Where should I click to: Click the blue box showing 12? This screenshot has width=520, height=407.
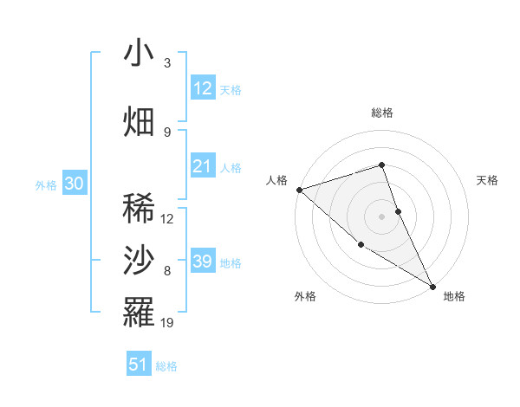pos(203,87)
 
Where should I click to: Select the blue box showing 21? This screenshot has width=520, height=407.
pos(203,166)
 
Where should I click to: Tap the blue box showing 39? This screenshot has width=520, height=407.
pos(203,262)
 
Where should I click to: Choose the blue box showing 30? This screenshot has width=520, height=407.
pos(74,184)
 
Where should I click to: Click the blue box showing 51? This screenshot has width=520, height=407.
pos(139,365)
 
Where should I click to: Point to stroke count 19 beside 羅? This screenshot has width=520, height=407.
pos(168,323)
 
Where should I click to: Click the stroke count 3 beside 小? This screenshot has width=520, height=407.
pos(167,63)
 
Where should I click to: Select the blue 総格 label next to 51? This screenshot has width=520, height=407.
pos(166,366)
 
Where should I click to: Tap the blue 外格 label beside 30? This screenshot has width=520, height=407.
pos(46,185)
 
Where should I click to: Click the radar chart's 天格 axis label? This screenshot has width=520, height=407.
pos(488,180)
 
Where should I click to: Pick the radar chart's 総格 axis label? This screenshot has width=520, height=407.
pos(382,113)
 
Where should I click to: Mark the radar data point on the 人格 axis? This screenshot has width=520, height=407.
pos(299,189)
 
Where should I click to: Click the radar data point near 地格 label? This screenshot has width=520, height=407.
pos(432,286)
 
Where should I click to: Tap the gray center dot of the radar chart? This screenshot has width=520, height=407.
pos(382,216)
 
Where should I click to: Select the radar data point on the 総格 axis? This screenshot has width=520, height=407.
pos(382,165)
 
